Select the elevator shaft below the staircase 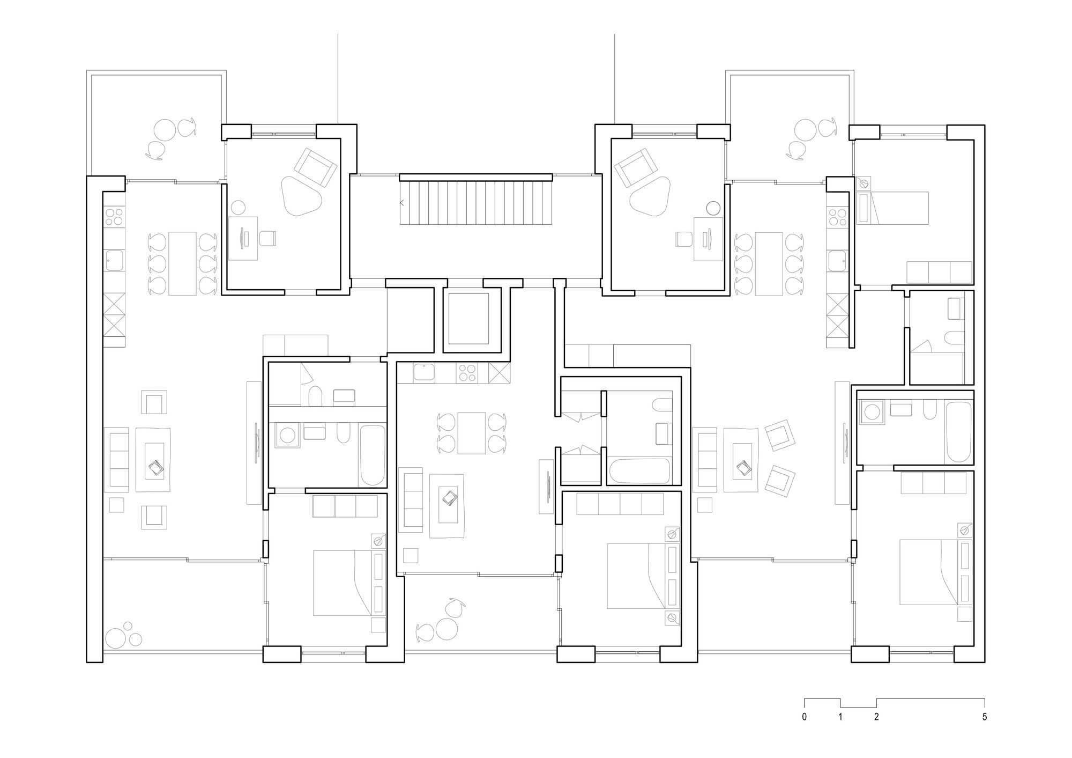468,319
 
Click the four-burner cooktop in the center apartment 467,372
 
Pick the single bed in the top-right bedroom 894,208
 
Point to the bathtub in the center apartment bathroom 640,472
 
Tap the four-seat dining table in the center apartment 472,433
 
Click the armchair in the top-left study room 316,167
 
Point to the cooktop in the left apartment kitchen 114,217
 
